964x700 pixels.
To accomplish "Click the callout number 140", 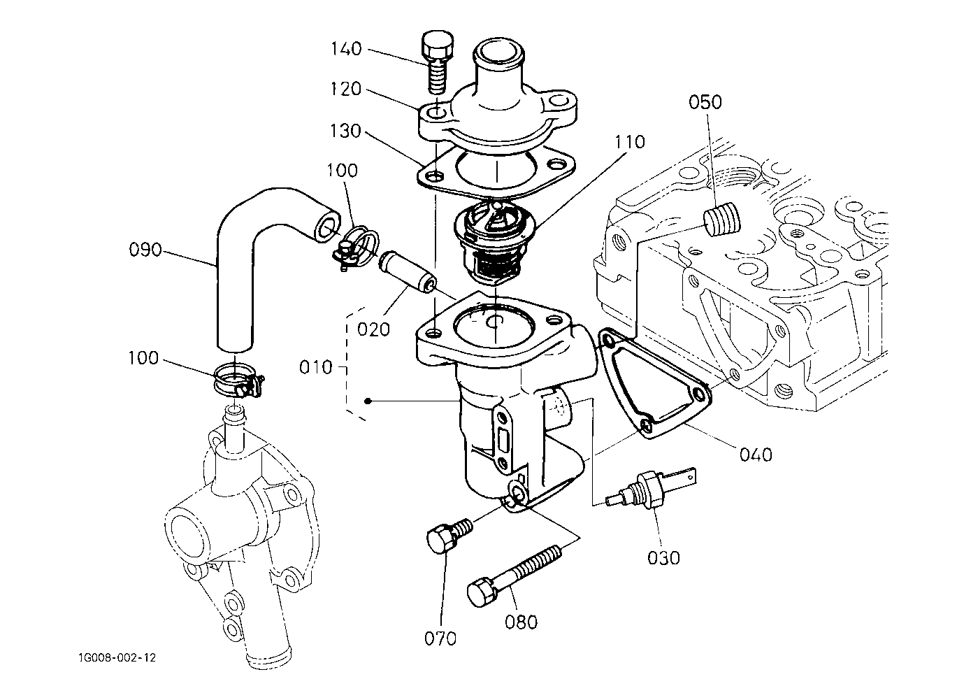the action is [346, 49].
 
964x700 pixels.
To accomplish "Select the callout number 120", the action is [345, 89].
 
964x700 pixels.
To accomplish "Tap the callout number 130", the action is [345, 131].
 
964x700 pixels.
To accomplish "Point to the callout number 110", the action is [630, 142].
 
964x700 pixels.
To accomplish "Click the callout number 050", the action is [705, 102].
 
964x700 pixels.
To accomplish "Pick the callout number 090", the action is [145, 250].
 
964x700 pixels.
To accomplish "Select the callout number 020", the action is [373, 329].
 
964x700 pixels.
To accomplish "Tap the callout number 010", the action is [316, 367].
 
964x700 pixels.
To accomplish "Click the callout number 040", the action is [756, 455].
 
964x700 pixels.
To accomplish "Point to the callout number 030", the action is [663, 558].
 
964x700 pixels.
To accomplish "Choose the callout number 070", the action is [440, 638].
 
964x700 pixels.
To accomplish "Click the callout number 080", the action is [521, 622].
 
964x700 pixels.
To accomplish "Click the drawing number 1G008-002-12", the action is [117, 657].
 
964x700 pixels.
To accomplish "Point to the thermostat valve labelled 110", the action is [495, 242].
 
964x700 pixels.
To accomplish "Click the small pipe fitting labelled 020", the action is [408, 272].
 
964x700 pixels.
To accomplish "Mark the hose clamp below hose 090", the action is [238, 380].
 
